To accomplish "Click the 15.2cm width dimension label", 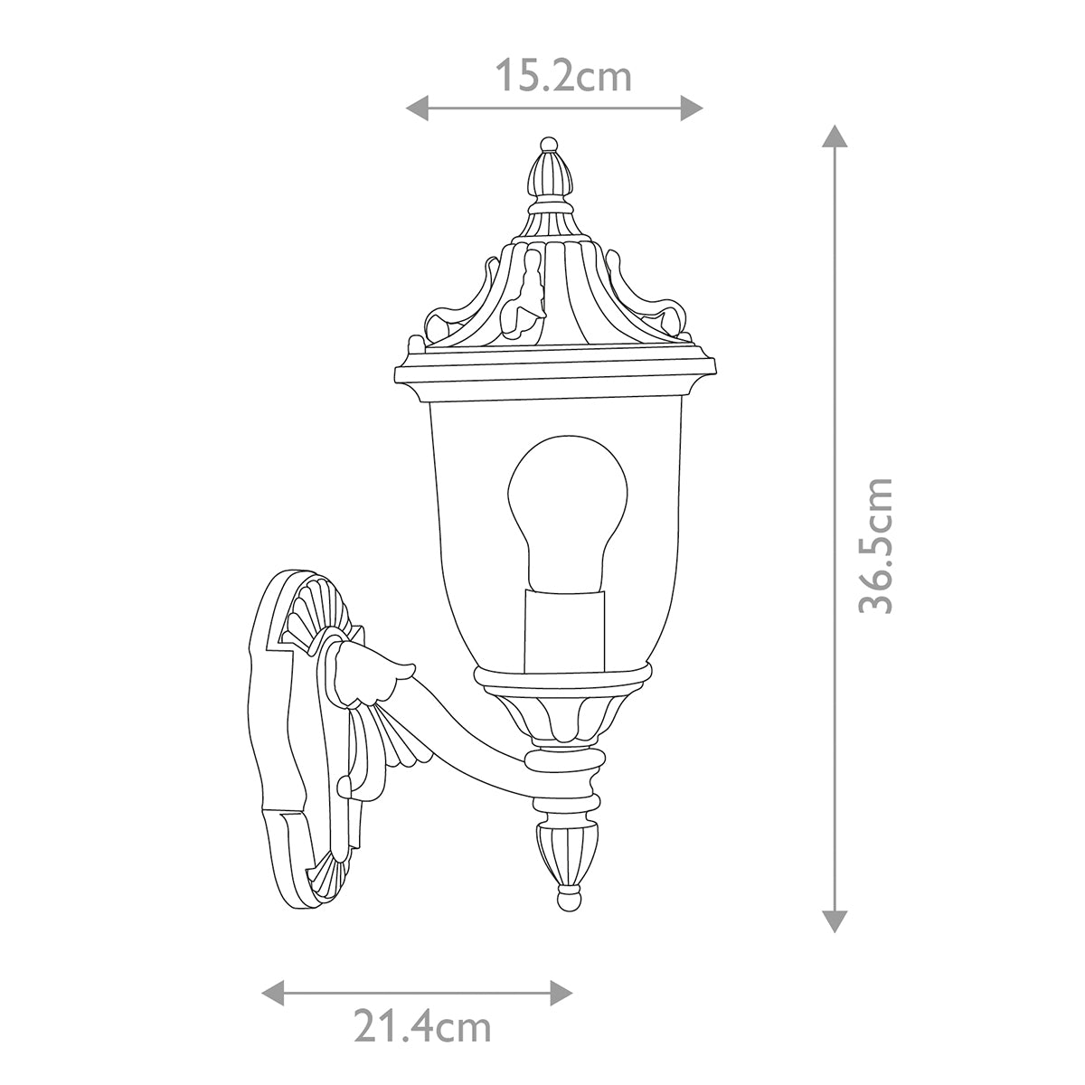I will click(x=562, y=77).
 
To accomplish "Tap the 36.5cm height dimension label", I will click(x=875, y=546).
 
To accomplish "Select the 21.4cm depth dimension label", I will click(x=421, y=1028).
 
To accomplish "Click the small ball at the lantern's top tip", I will click(x=547, y=144).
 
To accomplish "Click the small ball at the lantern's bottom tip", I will click(x=567, y=900).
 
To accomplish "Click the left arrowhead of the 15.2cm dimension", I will click(x=415, y=108).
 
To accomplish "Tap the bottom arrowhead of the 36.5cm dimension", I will click(x=834, y=920).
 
